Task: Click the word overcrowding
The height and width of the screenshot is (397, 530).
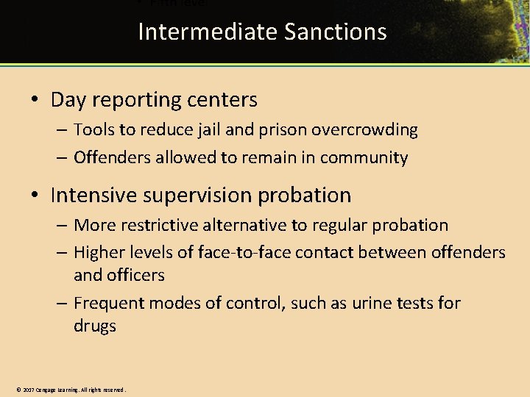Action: (366, 130)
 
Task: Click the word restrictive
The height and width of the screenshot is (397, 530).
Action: (156, 225)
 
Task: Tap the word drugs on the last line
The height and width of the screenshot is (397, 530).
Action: (95, 326)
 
